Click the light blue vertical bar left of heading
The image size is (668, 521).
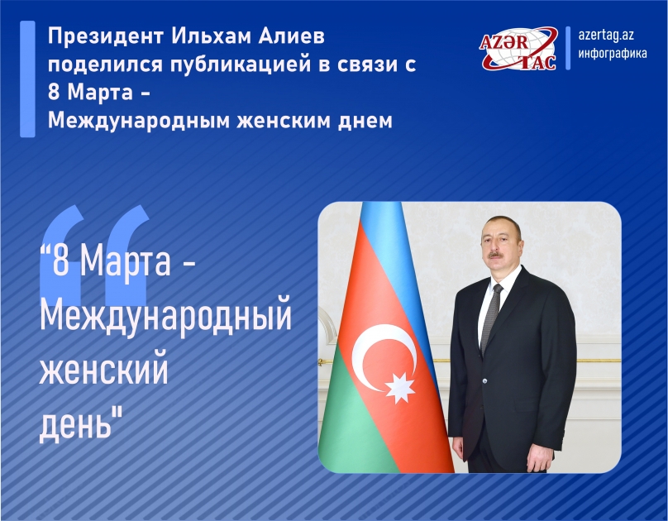click(x=28, y=79)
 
